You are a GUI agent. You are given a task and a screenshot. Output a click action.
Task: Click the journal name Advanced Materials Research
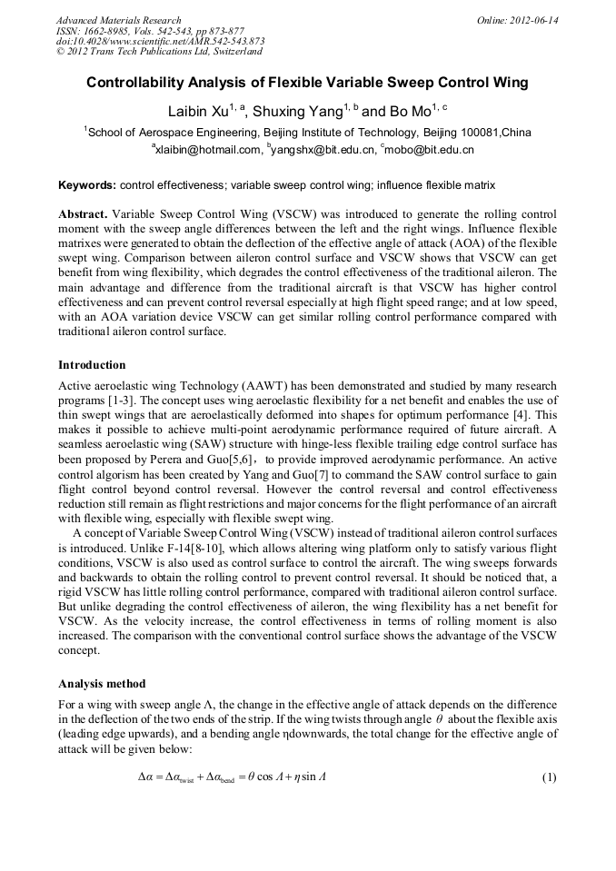[118, 20]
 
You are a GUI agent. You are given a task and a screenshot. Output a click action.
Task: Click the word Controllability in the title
[132, 84]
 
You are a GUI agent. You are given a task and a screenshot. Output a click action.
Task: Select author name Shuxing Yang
[296, 113]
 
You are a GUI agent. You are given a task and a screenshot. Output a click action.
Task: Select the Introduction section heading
[92, 365]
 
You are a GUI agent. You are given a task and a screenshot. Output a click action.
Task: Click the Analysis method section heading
[101, 684]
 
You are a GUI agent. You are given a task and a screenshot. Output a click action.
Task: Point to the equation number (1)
[548, 778]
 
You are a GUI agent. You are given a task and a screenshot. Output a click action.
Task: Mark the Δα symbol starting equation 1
[146, 778]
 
